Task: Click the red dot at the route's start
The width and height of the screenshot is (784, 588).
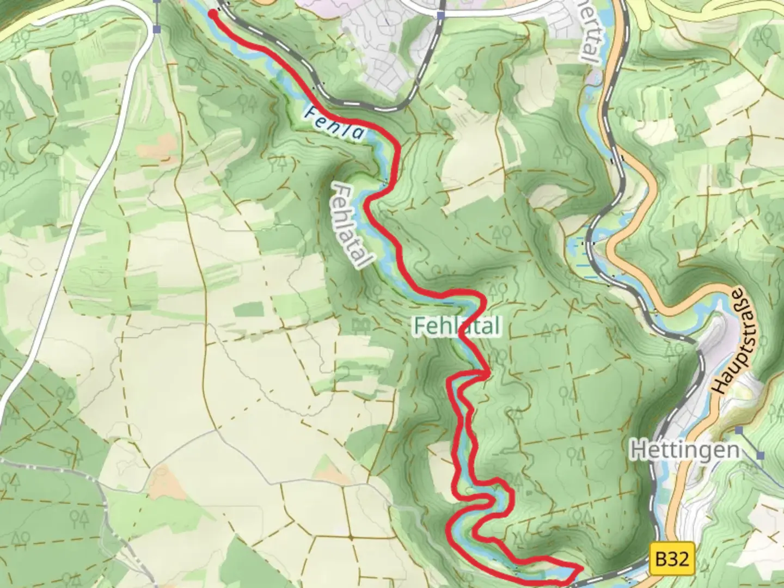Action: [x=211, y=14]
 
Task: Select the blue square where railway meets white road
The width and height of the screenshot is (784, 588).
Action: [x=441, y=16]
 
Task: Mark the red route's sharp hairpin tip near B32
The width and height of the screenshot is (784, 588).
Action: [x=580, y=568]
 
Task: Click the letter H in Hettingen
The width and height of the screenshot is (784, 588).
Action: [x=639, y=450]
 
